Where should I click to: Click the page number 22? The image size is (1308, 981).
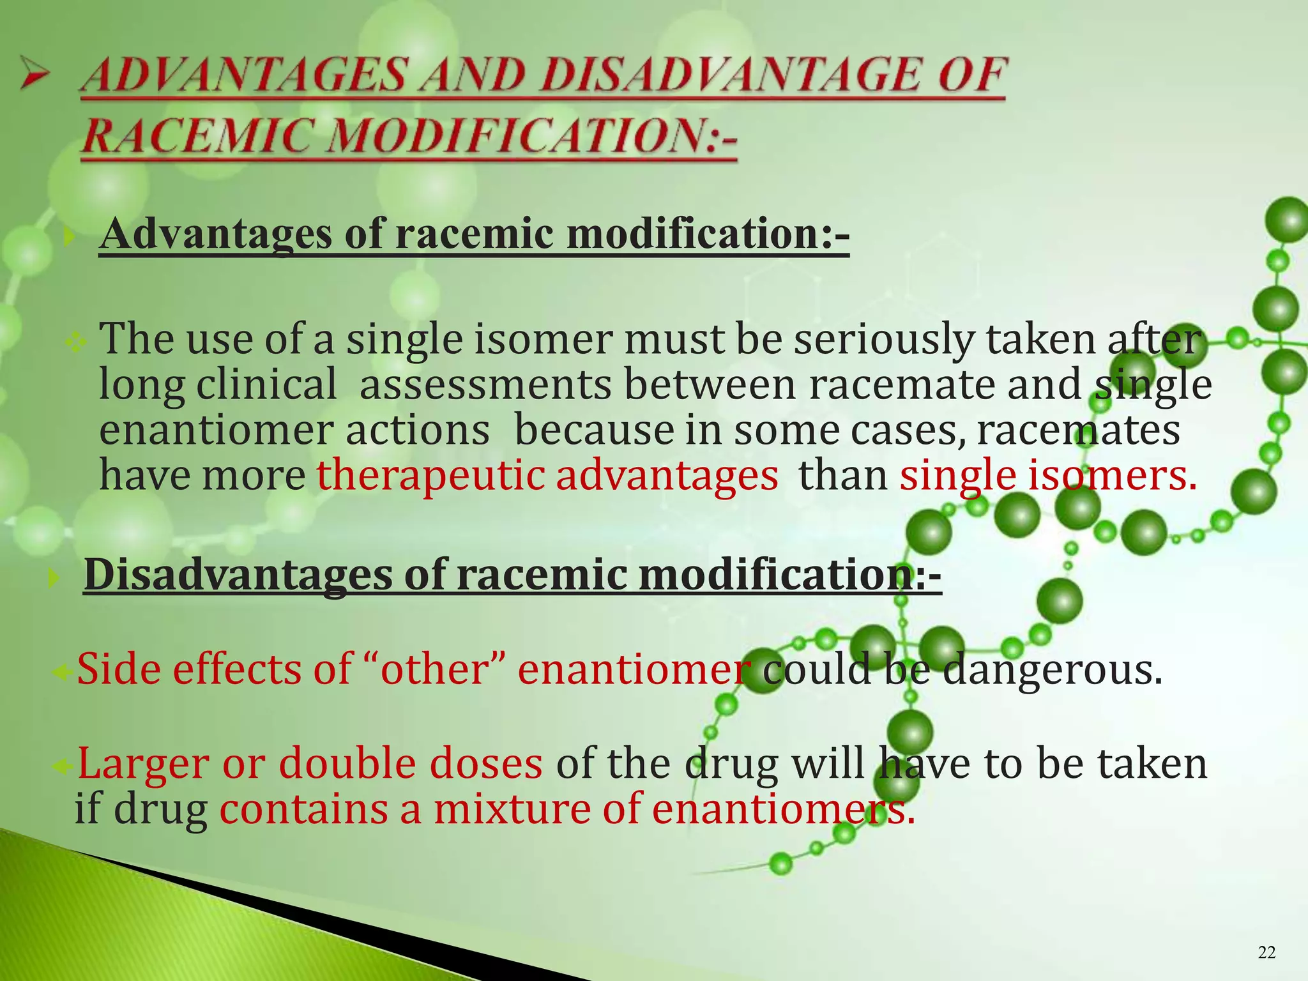[1266, 953]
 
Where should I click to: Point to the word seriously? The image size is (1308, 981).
[884, 339]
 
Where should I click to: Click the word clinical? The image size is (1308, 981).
[266, 385]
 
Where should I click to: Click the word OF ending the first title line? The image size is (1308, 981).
[971, 76]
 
